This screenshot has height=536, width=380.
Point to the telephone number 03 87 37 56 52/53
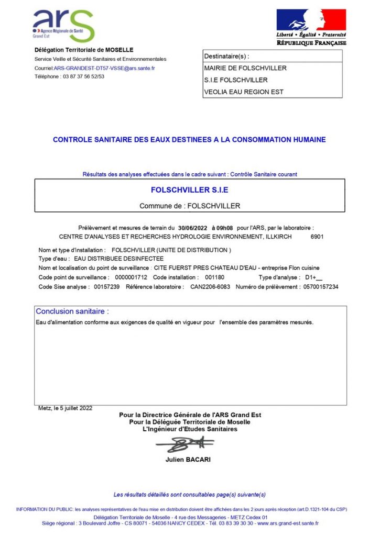84,76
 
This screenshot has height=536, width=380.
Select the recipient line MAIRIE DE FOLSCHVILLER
245,68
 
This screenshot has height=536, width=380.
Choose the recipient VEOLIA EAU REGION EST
243,92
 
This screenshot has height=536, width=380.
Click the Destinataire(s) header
226,56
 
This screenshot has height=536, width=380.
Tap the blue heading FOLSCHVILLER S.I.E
189,189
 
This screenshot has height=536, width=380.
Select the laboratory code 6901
317,237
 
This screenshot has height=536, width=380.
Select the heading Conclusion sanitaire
72,311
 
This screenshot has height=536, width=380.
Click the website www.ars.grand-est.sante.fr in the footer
288,523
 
